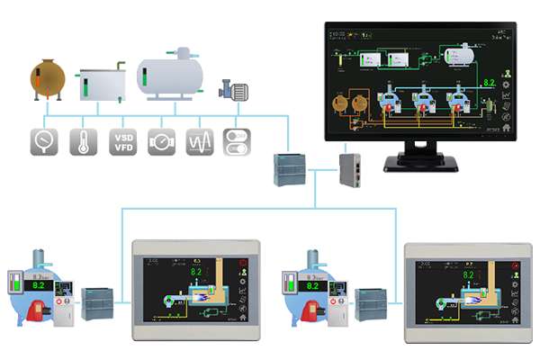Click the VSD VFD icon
122,142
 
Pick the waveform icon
200,142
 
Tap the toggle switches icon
238,142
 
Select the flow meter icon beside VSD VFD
161,142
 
